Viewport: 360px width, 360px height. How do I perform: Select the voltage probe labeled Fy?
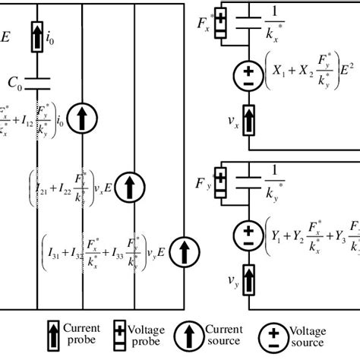[221, 181]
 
